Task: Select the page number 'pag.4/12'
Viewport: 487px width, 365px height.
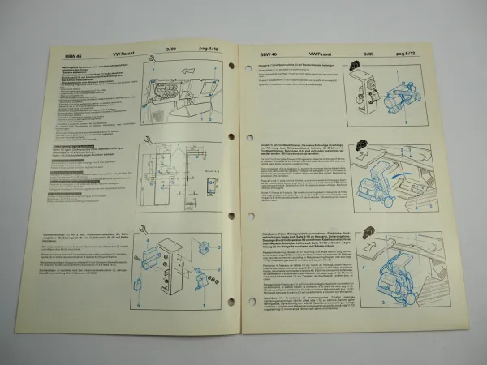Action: pyautogui.click(x=212, y=54)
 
